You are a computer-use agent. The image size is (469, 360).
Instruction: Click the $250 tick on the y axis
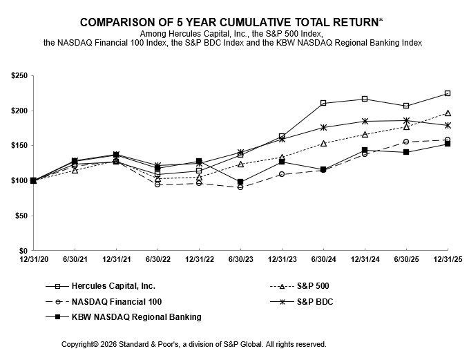tap(18, 75)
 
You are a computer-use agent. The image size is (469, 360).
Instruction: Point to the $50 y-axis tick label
tap(20, 216)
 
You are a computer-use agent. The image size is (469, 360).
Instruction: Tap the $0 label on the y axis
tap(23, 250)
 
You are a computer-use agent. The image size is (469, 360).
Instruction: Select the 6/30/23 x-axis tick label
tap(240, 259)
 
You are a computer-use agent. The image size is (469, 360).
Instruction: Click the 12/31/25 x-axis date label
tap(447, 259)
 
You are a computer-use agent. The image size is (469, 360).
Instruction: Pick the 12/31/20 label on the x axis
tap(33, 259)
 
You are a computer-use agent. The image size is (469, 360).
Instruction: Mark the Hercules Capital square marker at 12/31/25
tap(448, 93)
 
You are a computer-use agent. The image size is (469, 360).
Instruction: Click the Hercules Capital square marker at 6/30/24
tap(323, 103)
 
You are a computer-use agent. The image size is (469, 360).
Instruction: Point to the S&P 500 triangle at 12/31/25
tap(448, 113)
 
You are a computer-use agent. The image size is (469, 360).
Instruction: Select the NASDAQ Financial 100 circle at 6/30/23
tap(240, 187)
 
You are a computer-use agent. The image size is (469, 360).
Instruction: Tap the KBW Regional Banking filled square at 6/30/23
tap(240, 182)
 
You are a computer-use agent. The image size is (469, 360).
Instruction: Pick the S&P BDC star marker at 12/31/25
tap(448, 125)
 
